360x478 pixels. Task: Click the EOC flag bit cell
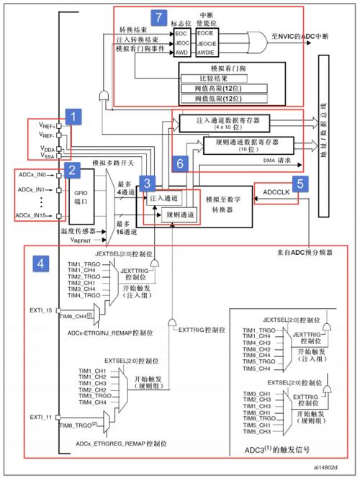click(181, 33)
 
